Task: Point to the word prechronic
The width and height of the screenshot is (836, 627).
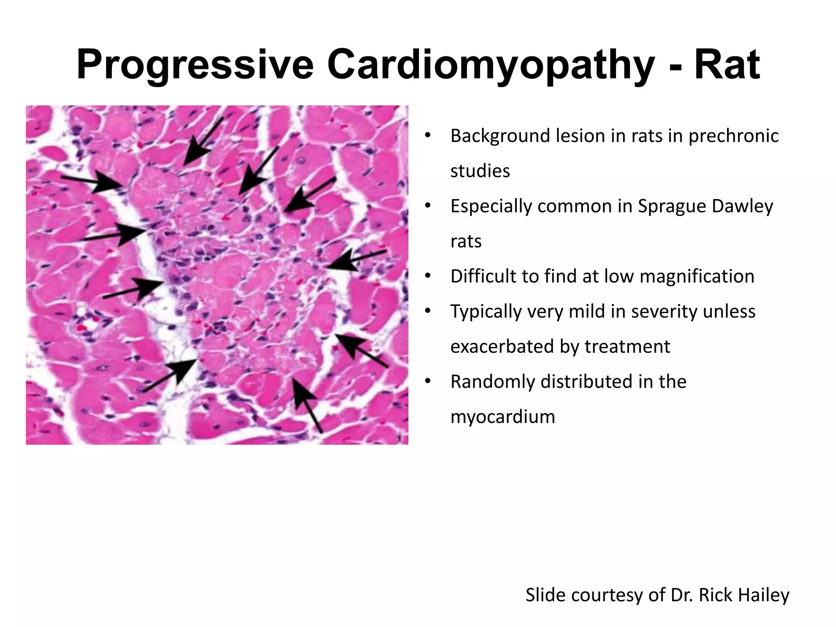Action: click(734, 136)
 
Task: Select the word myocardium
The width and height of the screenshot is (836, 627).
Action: click(502, 417)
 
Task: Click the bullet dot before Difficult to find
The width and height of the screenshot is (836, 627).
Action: click(427, 276)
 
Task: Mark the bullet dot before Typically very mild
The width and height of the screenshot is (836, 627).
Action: click(427, 311)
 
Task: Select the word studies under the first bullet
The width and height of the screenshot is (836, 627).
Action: click(480, 171)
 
